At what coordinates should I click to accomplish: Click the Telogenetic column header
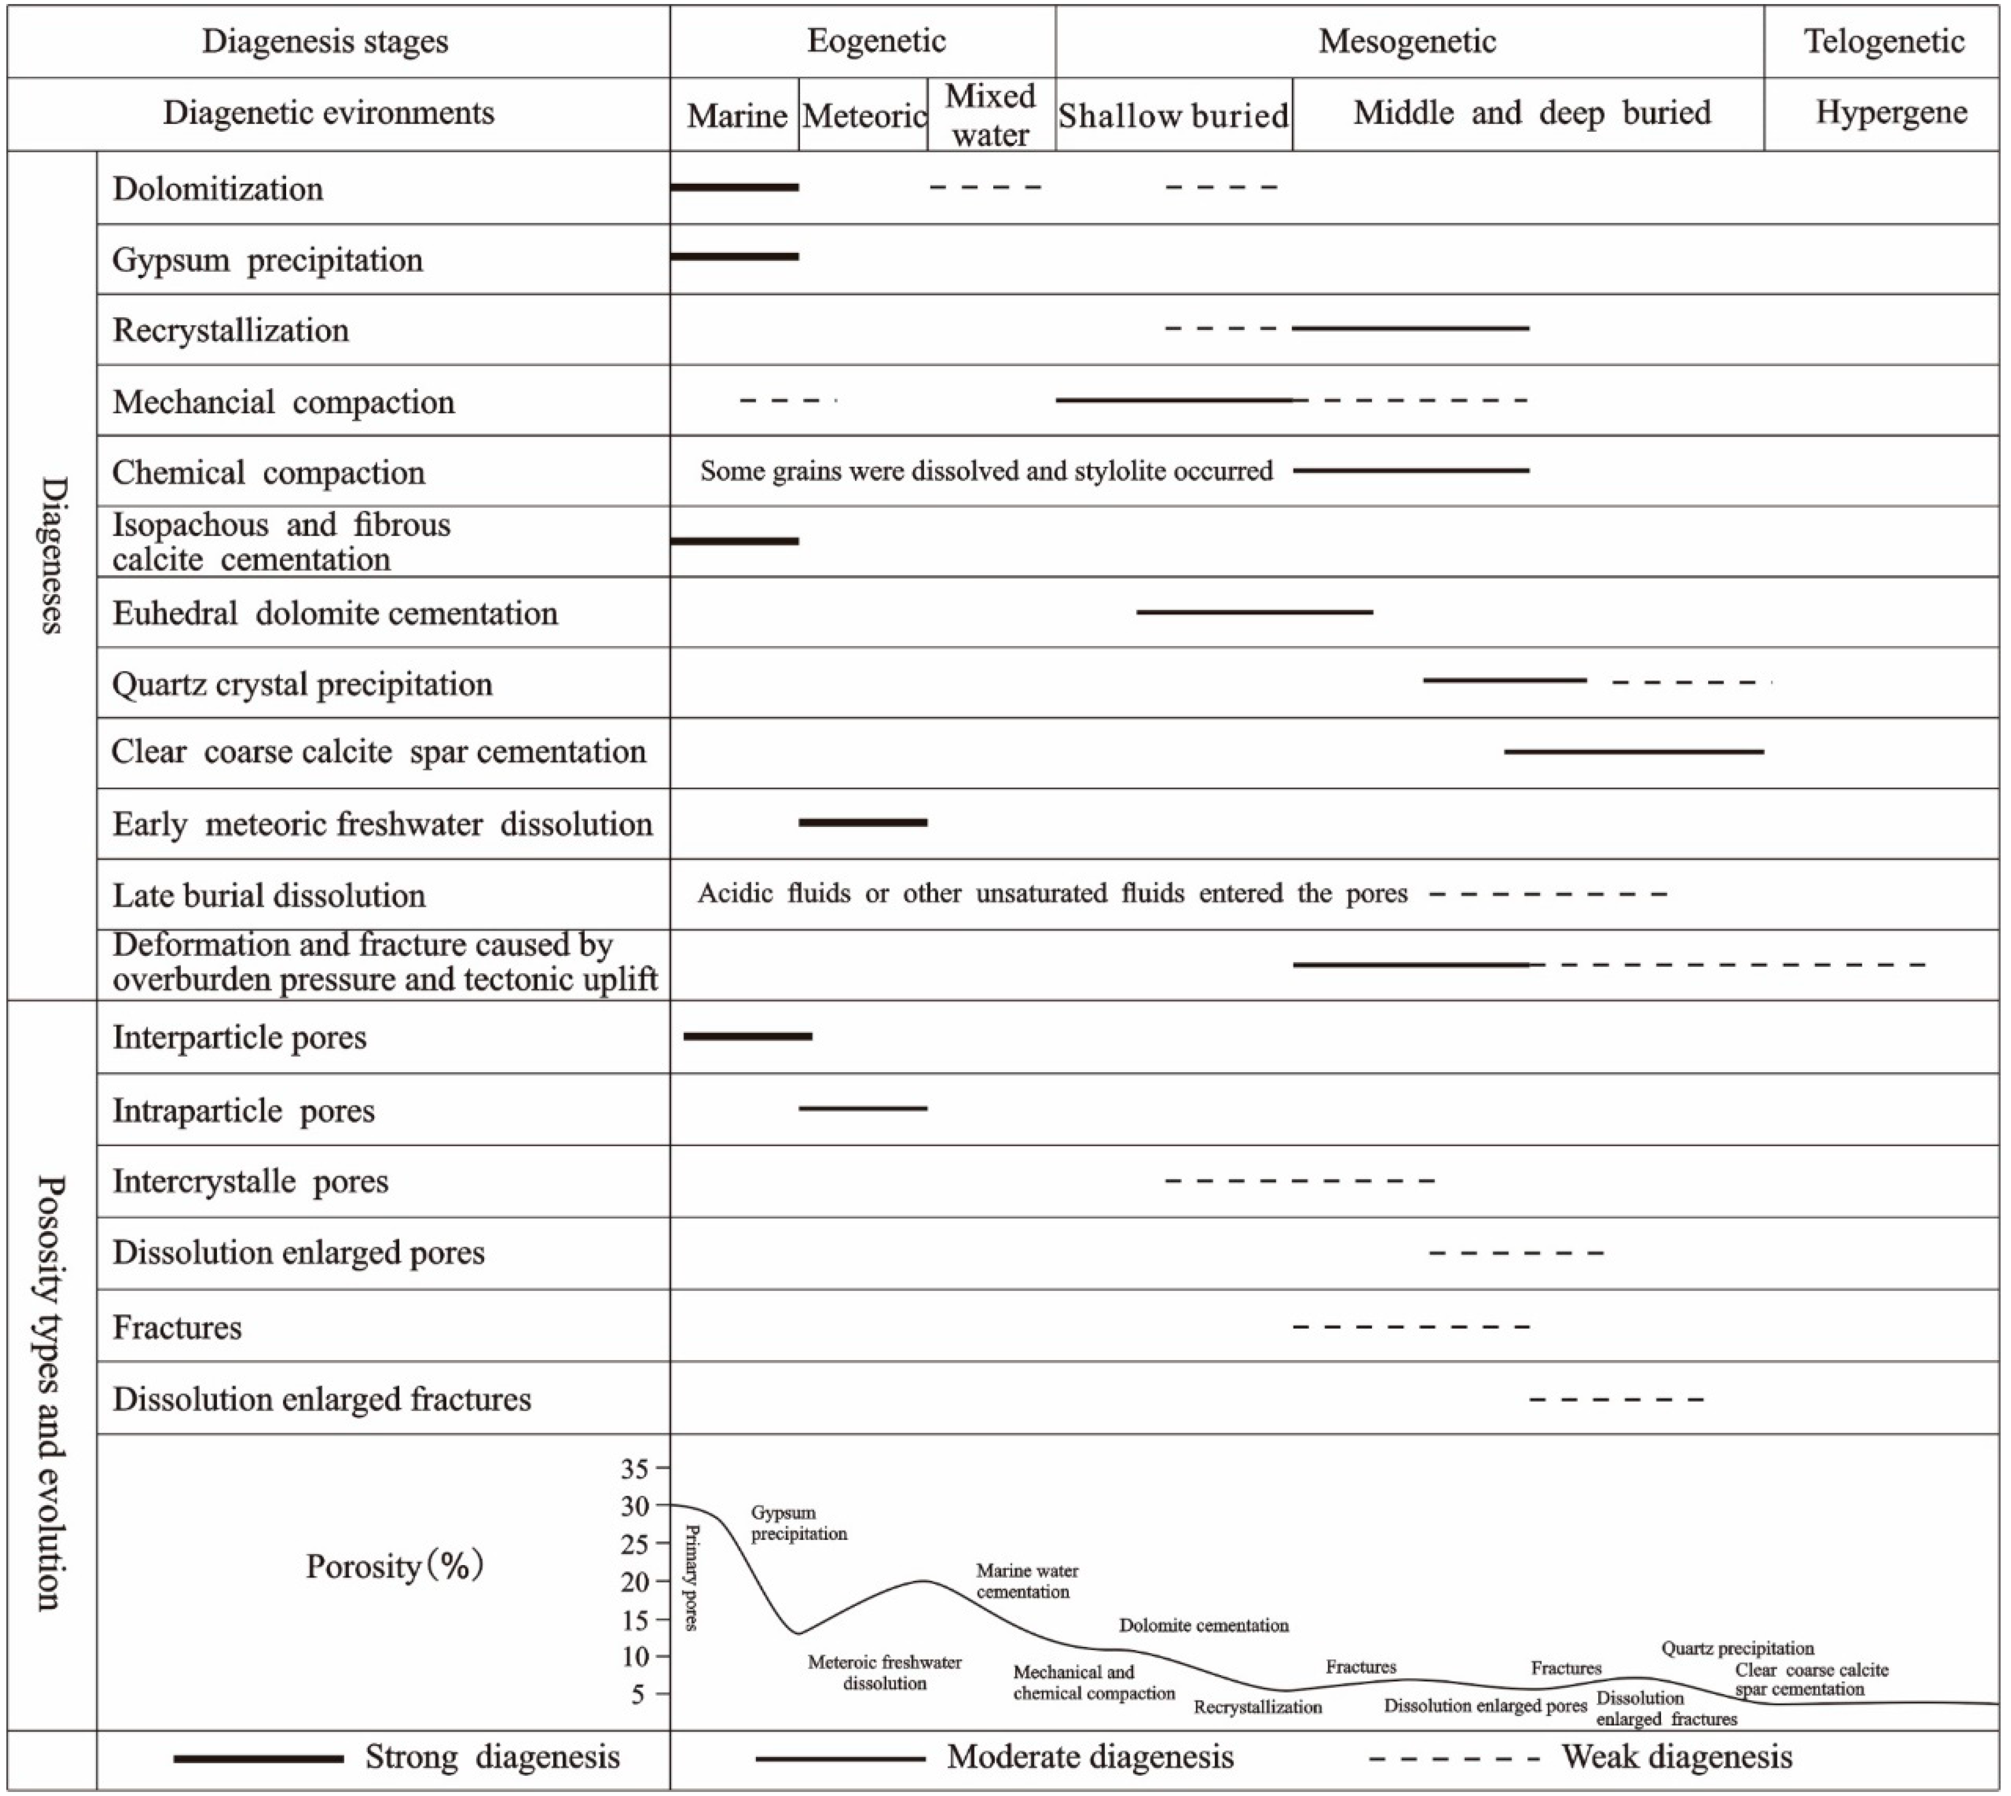(x=1883, y=41)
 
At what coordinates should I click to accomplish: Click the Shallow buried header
(x=1173, y=116)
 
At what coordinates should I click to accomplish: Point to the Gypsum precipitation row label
(x=267, y=260)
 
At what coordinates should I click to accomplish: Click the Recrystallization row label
(x=231, y=329)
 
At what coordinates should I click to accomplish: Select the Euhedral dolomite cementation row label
(x=334, y=613)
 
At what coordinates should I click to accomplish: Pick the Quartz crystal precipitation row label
(x=302, y=684)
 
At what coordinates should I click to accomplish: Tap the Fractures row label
(x=177, y=1327)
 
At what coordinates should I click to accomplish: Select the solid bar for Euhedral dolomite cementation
(x=1254, y=612)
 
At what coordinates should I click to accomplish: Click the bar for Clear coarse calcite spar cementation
(x=1633, y=752)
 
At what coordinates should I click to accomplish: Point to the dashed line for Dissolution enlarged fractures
(x=1615, y=1399)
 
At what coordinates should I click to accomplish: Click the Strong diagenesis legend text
(x=492, y=1757)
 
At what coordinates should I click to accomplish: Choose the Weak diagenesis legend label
(x=1677, y=1757)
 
